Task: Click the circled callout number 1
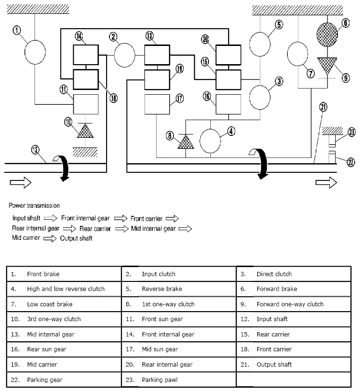coord(17,30)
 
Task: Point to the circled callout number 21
coord(323,107)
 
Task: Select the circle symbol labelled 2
coord(125,56)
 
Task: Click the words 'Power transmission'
coord(34,205)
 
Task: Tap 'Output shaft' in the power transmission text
coord(76,238)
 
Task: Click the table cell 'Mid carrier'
coord(42,364)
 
